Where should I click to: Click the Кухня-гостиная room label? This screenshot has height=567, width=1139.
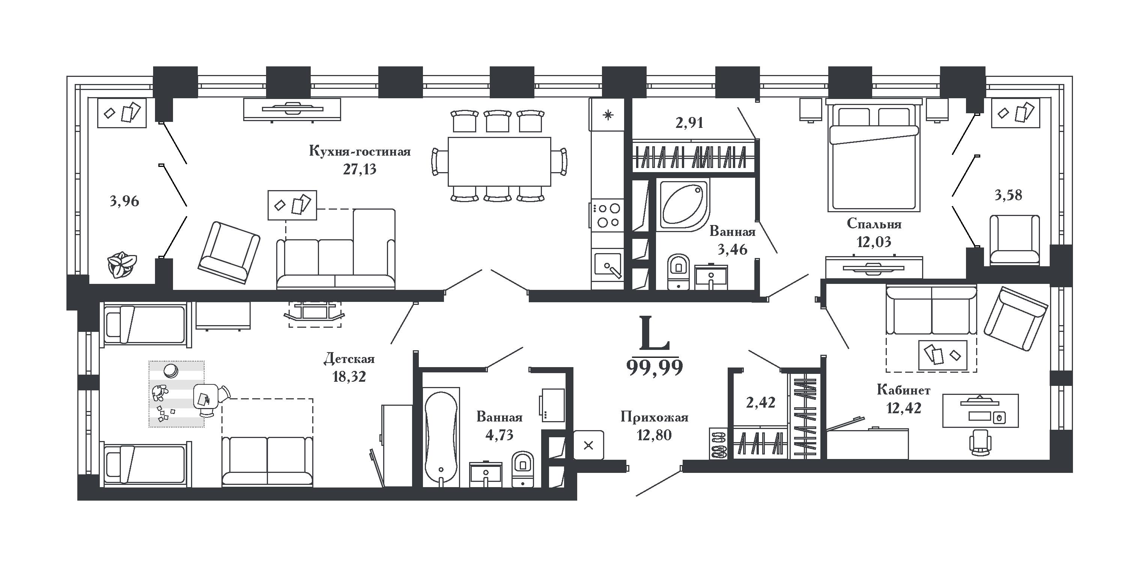360,151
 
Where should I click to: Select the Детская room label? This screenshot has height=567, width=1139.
349,358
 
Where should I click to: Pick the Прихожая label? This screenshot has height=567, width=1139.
655,417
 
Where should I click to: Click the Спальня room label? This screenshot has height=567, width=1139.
874,224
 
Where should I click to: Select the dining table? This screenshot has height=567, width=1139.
499,162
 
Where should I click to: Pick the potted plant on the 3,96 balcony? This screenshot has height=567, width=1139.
121,264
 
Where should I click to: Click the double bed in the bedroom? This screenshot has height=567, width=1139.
873,156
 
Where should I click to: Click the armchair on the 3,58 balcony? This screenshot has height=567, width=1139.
1015,240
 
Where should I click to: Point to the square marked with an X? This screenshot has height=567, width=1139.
588,445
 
